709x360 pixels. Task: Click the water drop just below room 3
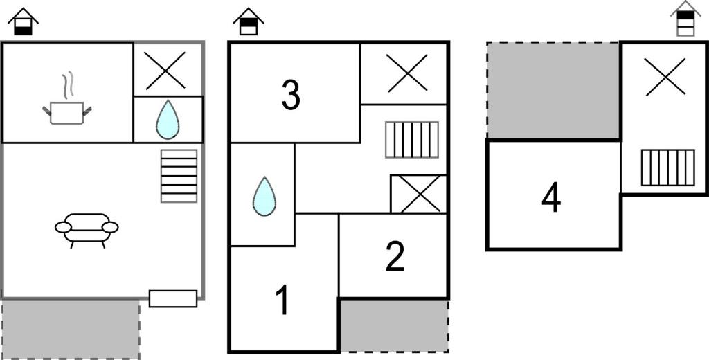tap(264, 197)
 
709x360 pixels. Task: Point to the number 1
tap(283, 301)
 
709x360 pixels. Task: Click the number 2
tap(395, 257)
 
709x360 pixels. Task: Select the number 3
tap(291, 95)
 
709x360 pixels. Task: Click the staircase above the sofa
tap(179, 176)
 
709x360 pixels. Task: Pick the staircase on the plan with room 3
tap(412, 140)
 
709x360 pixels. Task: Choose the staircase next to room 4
tap(668, 168)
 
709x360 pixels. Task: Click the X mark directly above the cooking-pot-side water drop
tap(165, 70)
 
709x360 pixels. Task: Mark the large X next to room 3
tap(407, 73)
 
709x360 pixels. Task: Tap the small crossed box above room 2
tap(418, 194)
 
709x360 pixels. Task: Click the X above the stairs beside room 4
tap(665, 77)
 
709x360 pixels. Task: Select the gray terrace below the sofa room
tap(70, 330)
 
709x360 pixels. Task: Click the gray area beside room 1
tap(394, 325)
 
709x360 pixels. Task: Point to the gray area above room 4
tap(553, 91)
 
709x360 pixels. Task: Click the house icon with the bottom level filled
tap(23, 21)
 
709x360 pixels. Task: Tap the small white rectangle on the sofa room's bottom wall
tap(173, 298)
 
